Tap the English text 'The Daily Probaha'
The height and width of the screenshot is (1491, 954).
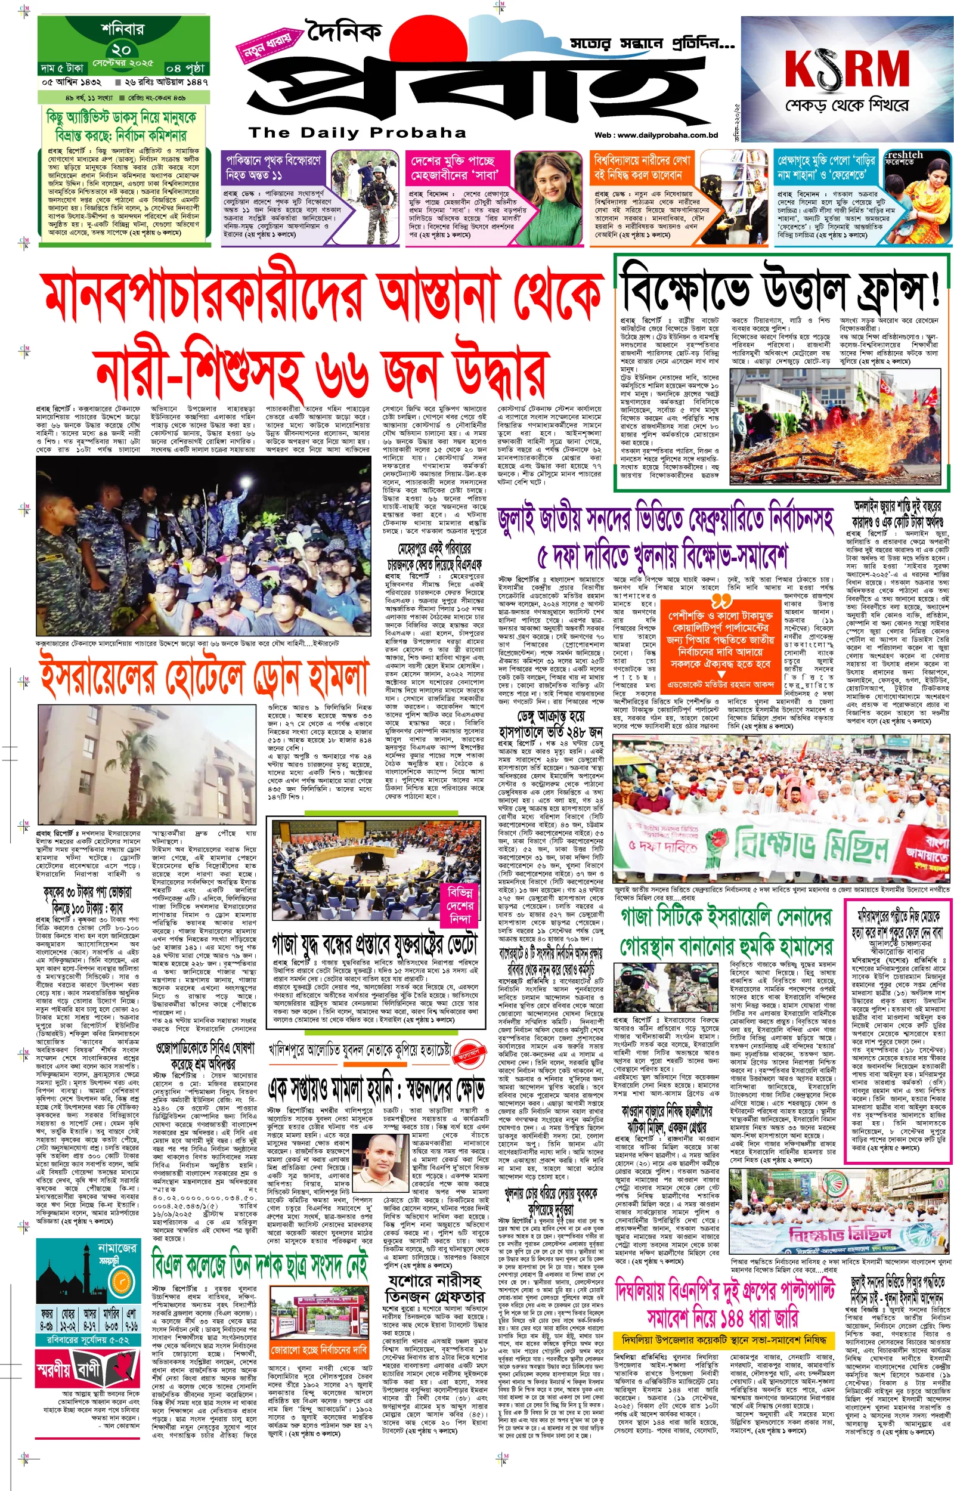[x=357, y=132]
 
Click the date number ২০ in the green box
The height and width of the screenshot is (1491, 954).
[x=122, y=49]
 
